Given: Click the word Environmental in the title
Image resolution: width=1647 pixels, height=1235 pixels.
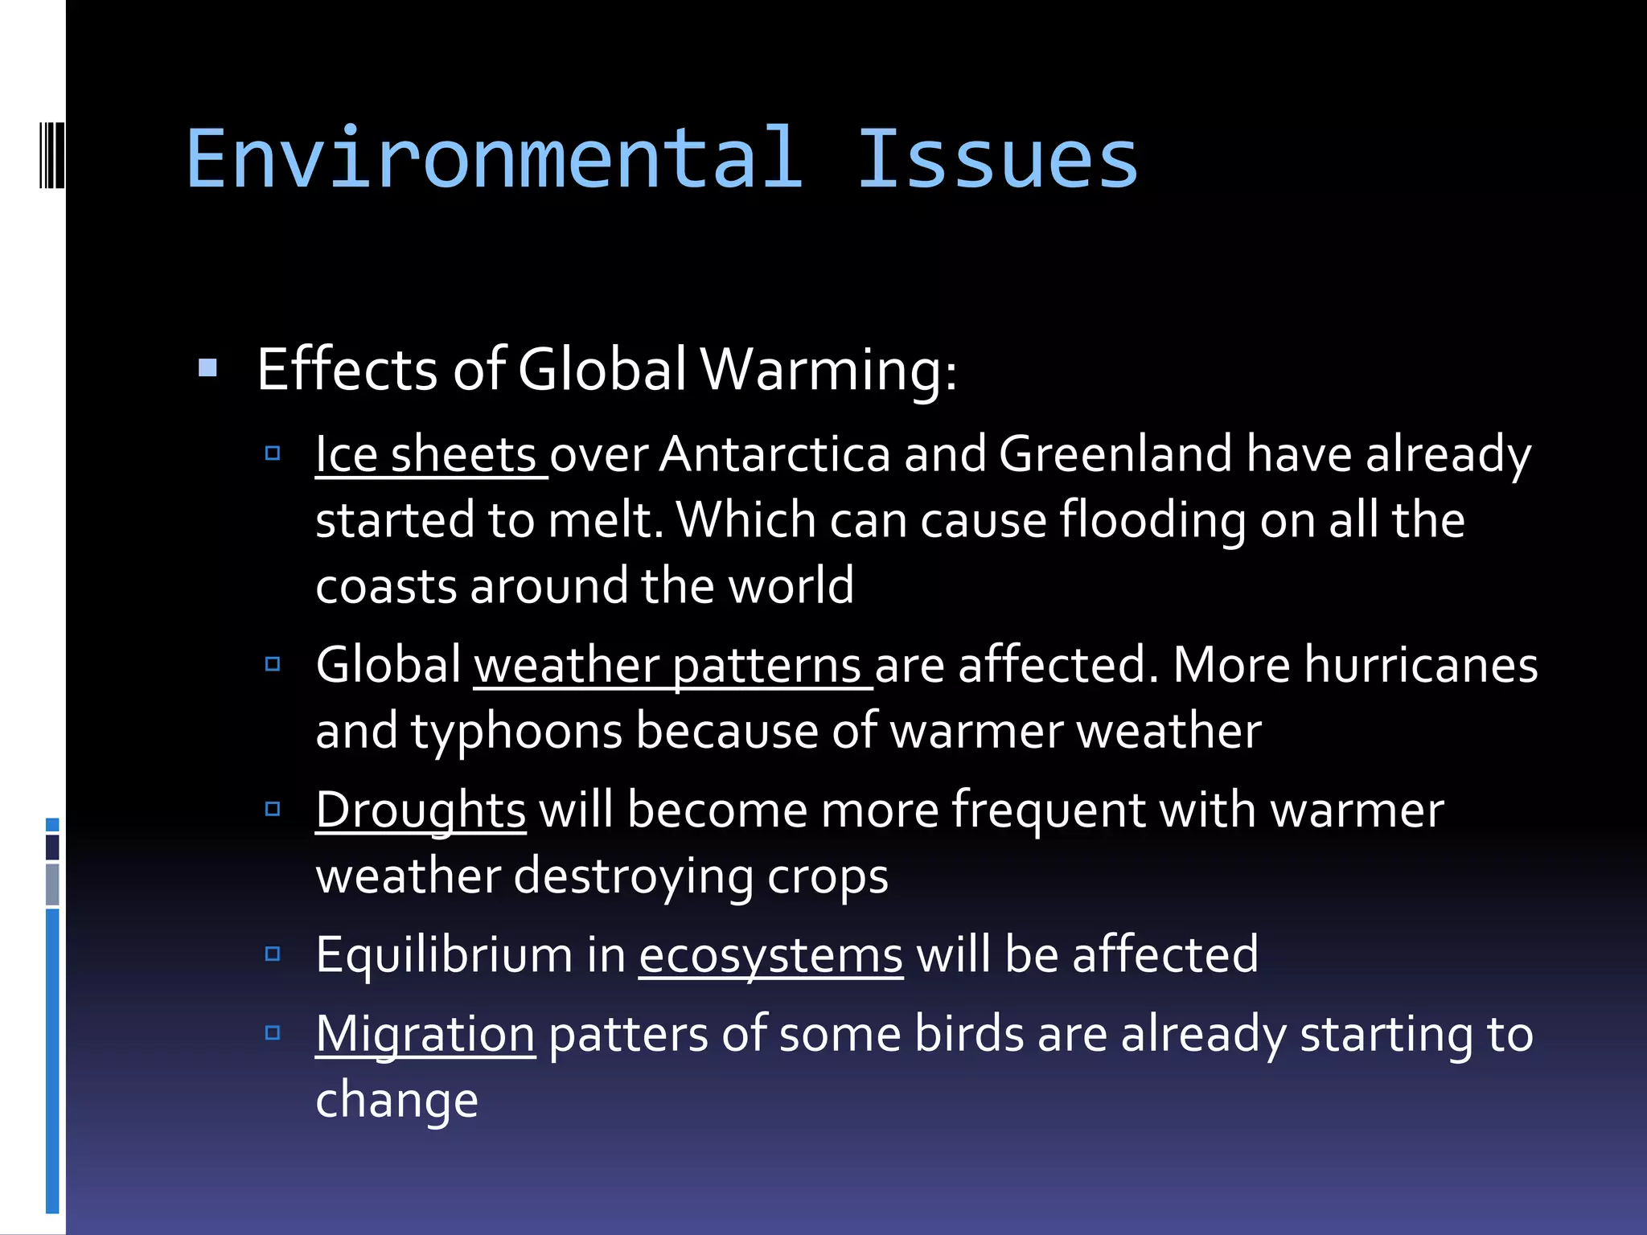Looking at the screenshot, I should [494, 159].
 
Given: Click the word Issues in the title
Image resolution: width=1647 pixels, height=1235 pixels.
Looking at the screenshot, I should [997, 159].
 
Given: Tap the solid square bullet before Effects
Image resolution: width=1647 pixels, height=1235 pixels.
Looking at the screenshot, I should [208, 368].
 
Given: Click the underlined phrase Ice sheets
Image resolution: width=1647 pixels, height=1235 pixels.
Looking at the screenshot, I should [426, 454].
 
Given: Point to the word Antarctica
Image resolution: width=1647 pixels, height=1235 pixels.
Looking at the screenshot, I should [775, 454].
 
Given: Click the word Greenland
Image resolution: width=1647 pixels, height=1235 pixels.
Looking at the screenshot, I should [1115, 454].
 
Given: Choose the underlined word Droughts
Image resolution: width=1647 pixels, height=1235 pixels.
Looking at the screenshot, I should [421, 810].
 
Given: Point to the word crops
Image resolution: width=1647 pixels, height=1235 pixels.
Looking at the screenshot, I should [828, 876].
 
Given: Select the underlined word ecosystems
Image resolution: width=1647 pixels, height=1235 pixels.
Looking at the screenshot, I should [770, 955].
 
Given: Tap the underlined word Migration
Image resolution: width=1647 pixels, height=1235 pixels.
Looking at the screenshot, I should [425, 1034].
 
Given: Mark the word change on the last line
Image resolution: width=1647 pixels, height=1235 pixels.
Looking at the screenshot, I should [397, 1100].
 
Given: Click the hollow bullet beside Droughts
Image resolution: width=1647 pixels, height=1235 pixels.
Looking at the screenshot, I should [273, 809].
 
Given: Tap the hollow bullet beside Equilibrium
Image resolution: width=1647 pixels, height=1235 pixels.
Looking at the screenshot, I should [273, 954].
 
